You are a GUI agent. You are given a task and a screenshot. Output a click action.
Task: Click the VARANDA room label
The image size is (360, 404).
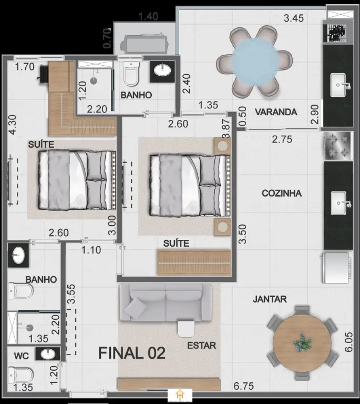(x=276, y=112)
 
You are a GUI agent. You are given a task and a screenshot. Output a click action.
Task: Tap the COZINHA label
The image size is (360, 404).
(x=282, y=193)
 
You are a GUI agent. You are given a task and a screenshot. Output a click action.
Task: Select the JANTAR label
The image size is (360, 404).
(x=270, y=299)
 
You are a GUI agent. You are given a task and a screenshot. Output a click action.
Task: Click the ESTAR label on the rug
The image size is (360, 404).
(x=201, y=346)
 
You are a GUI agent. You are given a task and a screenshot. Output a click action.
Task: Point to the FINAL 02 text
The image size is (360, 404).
(x=132, y=353)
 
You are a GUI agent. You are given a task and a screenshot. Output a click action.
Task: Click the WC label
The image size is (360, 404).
(x=22, y=356)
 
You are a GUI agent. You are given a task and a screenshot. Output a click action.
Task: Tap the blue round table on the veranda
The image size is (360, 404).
(x=255, y=62)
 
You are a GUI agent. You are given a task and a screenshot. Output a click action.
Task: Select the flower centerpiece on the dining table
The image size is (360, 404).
(x=302, y=342)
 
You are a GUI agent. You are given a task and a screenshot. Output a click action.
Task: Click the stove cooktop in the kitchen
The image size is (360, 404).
(x=337, y=146)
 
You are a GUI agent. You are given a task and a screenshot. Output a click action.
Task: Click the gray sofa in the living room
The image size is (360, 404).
(x=166, y=302)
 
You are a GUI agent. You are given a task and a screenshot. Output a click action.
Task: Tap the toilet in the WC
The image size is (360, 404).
(x=20, y=376)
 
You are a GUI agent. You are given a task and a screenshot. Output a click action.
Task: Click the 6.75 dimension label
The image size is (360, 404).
(x=243, y=386)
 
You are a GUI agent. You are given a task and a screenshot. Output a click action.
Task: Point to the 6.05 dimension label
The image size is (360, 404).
(x=348, y=342)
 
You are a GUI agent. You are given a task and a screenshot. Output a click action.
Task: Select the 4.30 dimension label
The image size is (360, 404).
(x=13, y=125)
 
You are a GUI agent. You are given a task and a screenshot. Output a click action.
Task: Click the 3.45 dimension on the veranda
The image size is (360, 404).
(x=294, y=18)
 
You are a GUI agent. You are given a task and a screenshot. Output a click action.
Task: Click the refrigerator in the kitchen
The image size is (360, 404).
(x=336, y=268)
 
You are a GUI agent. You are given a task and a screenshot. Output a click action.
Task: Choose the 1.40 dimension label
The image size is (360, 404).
(x=148, y=17)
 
